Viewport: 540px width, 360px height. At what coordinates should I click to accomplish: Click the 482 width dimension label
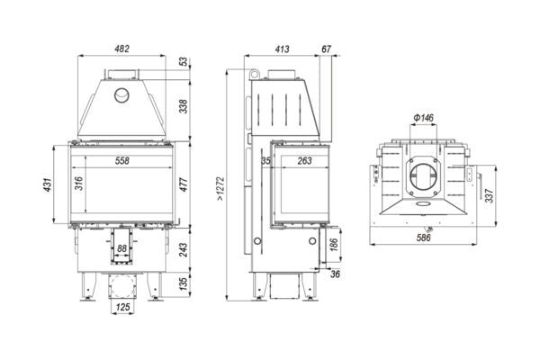pos(121,49)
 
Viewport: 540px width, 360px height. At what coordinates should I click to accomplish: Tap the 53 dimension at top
pos(184,62)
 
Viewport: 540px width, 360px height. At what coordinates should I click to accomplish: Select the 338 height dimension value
pos(184,106)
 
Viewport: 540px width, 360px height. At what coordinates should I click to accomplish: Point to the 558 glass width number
pos(122,160)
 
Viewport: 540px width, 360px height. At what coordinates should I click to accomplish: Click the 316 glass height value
pos(79,184)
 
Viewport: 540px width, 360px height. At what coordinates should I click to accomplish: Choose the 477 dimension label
pos(184,184)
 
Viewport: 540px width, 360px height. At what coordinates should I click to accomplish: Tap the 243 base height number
pos(184,250)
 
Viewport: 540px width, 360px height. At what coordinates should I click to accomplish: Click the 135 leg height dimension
pos(184,283)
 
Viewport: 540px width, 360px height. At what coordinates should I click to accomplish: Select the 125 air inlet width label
pos(122,307)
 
